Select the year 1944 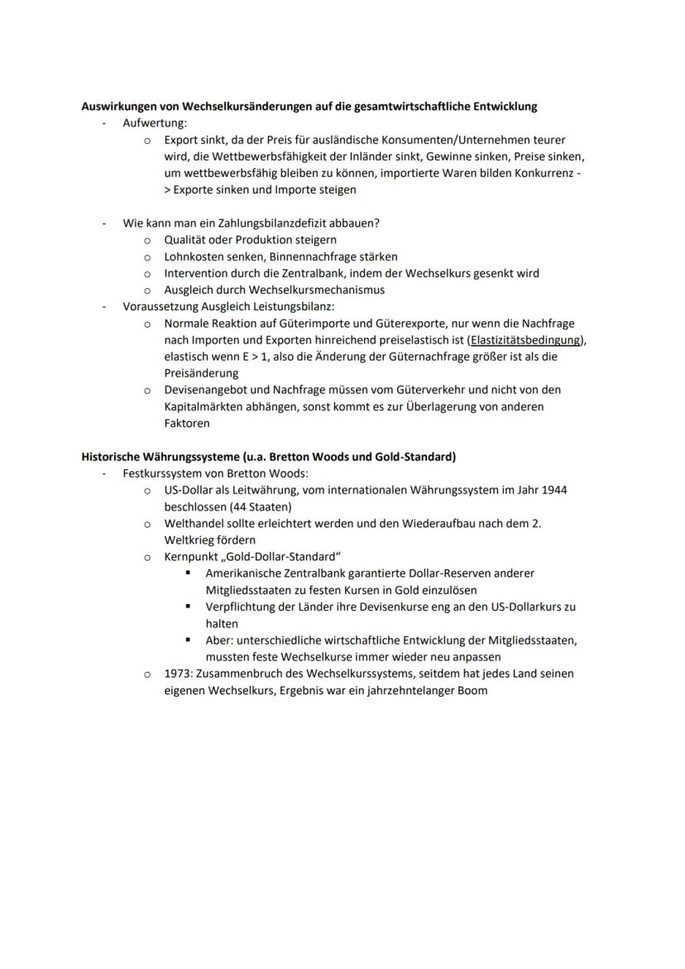(551, 490)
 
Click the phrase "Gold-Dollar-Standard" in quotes (280, 557)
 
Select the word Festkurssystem (162, 473)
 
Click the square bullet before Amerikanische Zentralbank (188, 573)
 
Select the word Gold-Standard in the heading (419, 457)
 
